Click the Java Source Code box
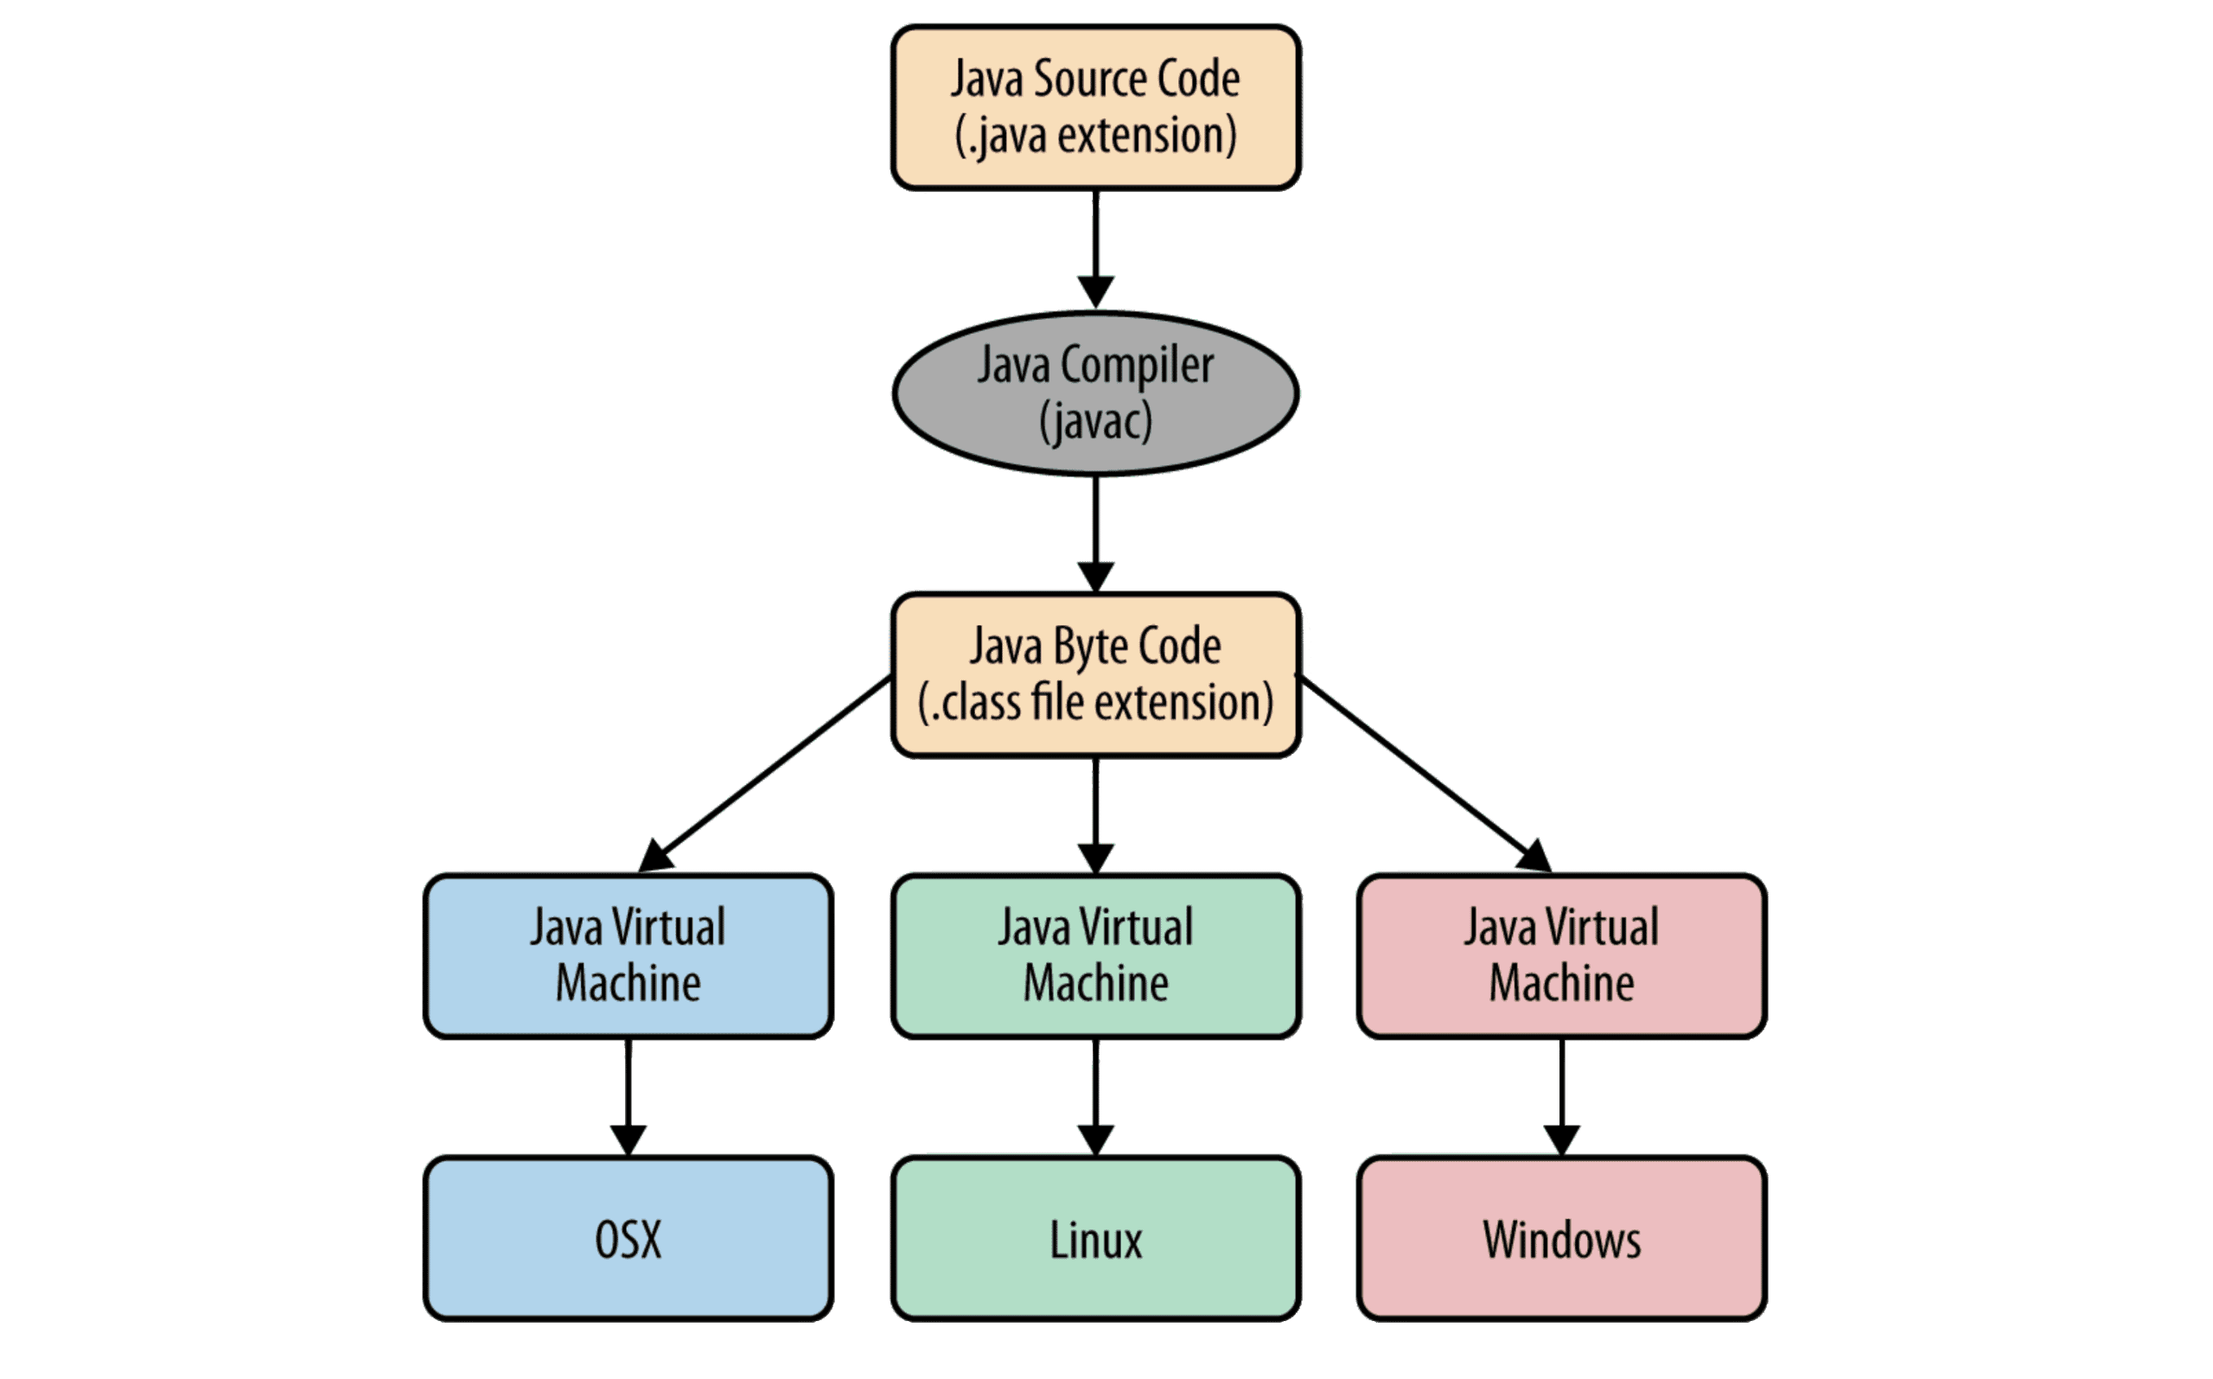(1094, 106)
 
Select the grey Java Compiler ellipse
(1094, 393)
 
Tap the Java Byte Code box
(1094, 674)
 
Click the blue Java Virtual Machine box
(628, 954)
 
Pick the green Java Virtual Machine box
(1094, 954)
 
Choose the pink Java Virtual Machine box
(1561, 954)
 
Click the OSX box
(628, 1237)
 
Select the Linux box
(1094, 1237)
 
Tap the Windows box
(1561, 1237)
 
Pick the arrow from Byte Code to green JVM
(1095, 812)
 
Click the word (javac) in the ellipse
(1095, 422)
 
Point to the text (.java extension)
(1095, 136)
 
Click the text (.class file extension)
(1095, 703)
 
